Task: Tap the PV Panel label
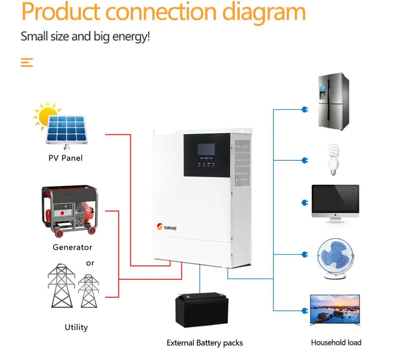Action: click(66, 158)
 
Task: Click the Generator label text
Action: click(72, 248)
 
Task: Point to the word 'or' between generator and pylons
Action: click(90, 263)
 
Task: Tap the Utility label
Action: click(76, 327)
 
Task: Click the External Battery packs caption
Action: click(205, 343)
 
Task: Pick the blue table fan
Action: click(335, 257)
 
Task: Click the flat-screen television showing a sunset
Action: click(335, 309)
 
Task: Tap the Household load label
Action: click(336, 343)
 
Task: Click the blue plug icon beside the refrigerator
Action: click(304, 109)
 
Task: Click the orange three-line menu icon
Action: click(27, 62)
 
